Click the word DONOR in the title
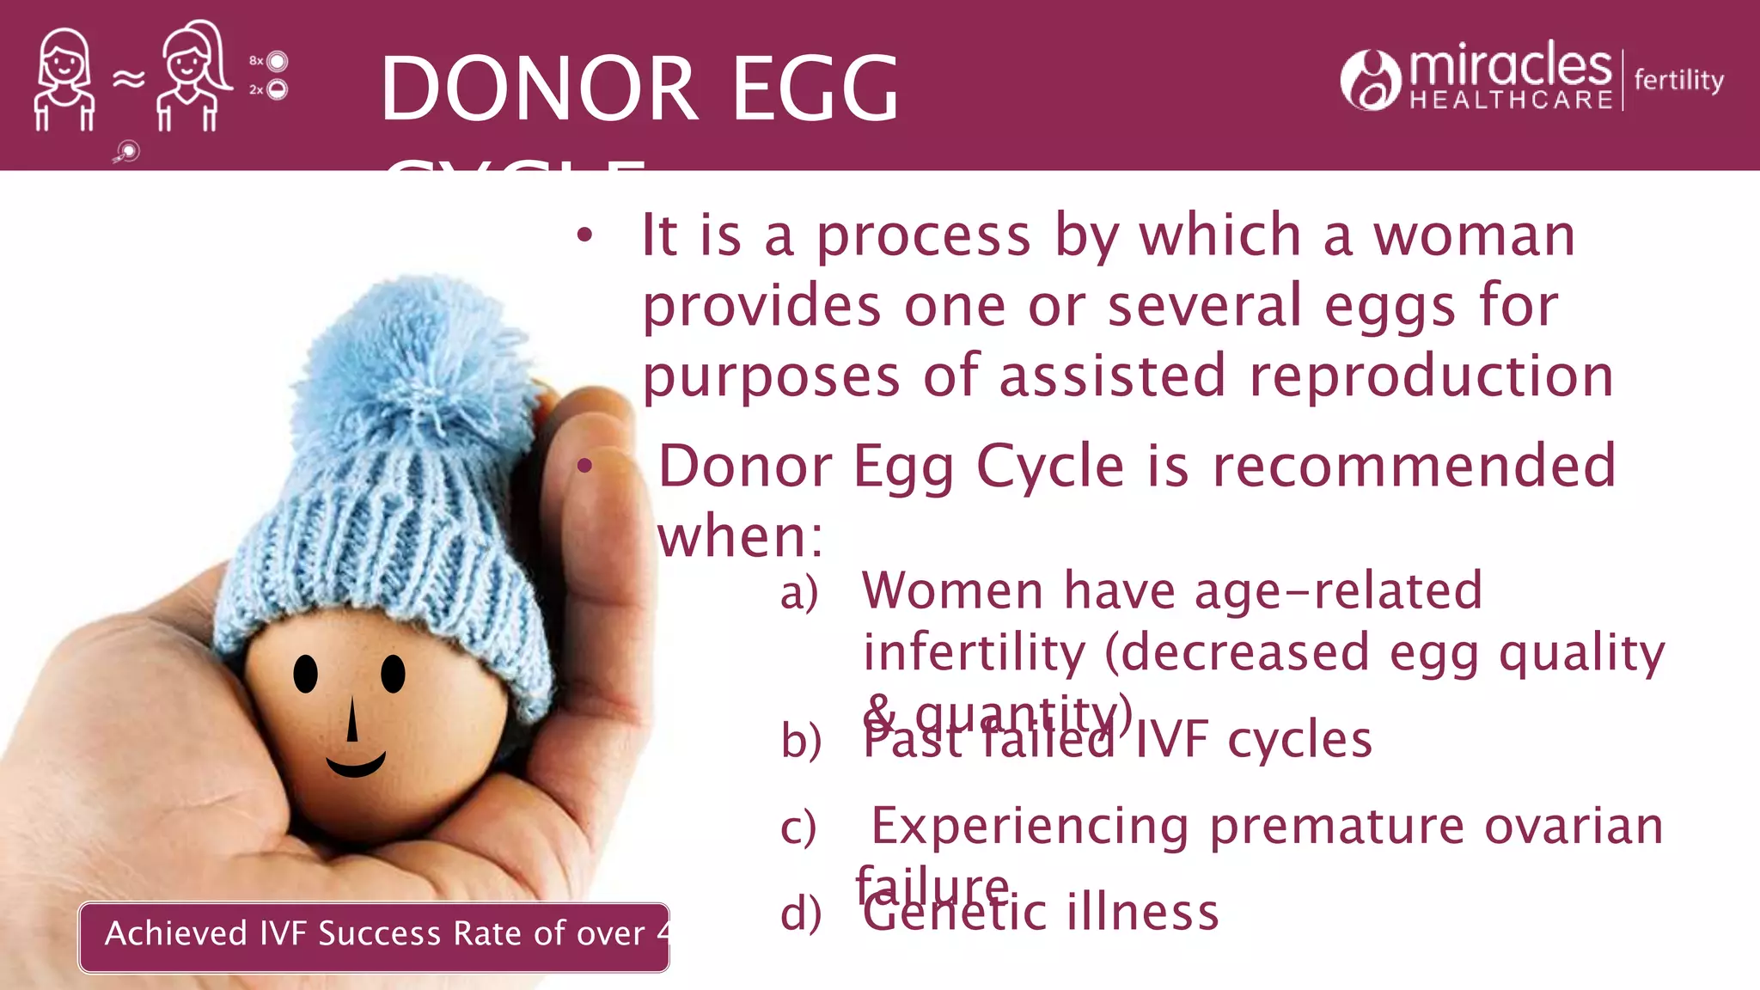tap(539, 89)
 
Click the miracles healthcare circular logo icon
tap(1370, 80)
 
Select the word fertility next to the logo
tap(1678, 80)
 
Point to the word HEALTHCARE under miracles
tap(1511, 101)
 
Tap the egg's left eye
tap(305, 674)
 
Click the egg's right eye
tap(393, 674)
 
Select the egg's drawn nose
tap(351, 720)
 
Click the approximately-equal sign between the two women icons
tap(128, 80)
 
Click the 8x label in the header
tap(256, 61)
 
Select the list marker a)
tap(798, 593)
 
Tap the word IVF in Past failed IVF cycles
tap(1173, 740)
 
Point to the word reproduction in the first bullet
tap(1431, 376)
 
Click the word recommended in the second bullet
tap(1414, 466)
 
